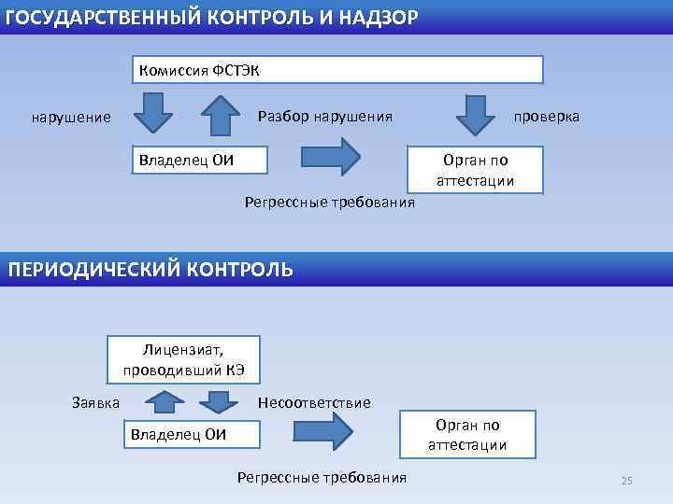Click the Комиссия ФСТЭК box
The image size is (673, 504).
pyautogui.click(x=336, y=70)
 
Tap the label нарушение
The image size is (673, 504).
pyautogui.click(x=71, y=118)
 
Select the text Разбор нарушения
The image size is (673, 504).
pyautogui.click(x=324, y=116)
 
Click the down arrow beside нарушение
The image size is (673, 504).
pyautogui.click(x=152, y=112)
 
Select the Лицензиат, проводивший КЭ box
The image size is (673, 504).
pyautogui.click(x=183, y=359)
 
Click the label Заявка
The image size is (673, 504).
pyautogui.click(x=96, y=402)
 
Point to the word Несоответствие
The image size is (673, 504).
pyautogui.click(x=314, y=402)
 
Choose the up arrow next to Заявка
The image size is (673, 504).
pyautogui.click(x=165, y=401)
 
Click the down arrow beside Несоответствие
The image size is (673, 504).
pyautogui.click(x=219, y=401)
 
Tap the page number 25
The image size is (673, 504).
pyautogui.click(x=626, y=480)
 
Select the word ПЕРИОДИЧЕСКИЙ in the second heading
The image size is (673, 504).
pyautogui.click(x=94, y=270)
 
